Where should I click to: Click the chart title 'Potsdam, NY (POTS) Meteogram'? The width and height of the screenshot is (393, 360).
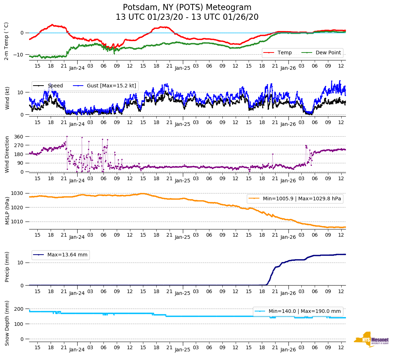coord(187,8)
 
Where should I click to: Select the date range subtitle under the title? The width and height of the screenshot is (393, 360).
coord(187,17)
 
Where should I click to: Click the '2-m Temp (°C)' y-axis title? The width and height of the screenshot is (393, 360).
coord(6,41)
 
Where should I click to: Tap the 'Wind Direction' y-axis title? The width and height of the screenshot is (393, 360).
coord(7,154)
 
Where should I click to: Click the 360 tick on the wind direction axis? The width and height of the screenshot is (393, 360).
coord(19,137)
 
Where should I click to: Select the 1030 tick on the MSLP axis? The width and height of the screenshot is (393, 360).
coord(18,193)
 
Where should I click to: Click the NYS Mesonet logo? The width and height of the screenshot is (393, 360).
coord(371,340)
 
